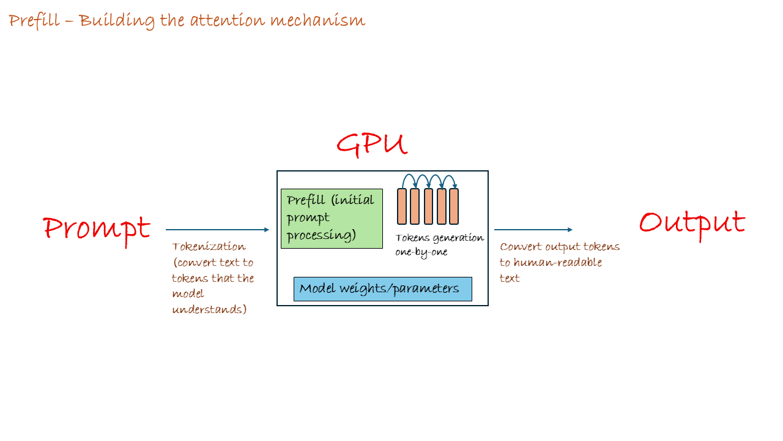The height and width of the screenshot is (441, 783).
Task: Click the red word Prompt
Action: pyautogui.click(x=97, y=229)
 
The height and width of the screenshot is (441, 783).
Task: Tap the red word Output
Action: pyautogui.click(x=692, y=222)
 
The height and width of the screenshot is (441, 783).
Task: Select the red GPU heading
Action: pyautogui.click(x=371, y=145)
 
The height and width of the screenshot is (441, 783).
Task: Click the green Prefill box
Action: pyautogui.click(x=332, y=219)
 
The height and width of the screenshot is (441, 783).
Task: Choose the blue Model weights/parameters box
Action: pyautogui.click(x=382, y=289)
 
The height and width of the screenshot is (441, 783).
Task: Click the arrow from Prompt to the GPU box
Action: pyautogui.click(x=217, y=230)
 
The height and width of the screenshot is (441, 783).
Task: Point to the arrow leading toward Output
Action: pyautogui.click(x=533, y=230)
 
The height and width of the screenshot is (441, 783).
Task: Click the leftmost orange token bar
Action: pyautogui.click(x=402, y=206)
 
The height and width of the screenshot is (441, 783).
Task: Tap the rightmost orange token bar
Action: pyautogui.click(x=454, y=206)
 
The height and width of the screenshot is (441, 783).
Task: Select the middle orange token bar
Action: pyautogui.click(x=428, y=206)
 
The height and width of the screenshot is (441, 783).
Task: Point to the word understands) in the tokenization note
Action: pyautogui.click(x=209, y=309)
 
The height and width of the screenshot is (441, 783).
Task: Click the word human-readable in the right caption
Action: pyautogui.click(x=549, y=263)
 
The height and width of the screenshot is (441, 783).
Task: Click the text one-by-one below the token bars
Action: pyautogui.click(x=421, y=252)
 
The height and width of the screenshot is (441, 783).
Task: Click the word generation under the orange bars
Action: pyautogui.click(x=458, y=238)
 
